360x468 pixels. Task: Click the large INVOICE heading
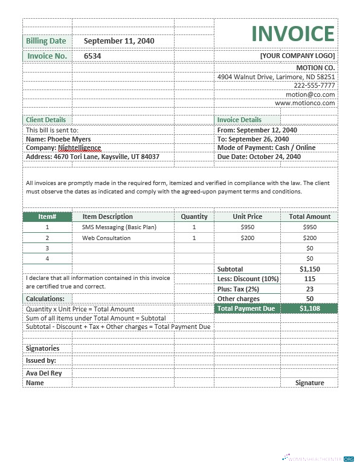pos(292,34)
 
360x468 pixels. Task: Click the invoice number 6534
pos(92,56)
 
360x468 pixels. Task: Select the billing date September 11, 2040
pos(119,41)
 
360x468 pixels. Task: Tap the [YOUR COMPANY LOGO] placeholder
pos(297,56)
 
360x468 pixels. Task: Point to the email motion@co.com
pos(310,94)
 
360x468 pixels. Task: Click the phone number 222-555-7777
pos(314,86)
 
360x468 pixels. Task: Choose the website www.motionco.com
pos(305,103)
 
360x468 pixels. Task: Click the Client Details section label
pos(46,120)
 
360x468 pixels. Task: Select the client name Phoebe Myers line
pos(59,139)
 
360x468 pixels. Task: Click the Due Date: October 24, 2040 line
pos(259,157)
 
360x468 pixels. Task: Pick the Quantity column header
pos(194,216)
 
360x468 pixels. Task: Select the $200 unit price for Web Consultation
pos(248,238)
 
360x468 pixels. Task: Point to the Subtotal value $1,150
pos(309,269)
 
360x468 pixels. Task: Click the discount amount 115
pos(309,279)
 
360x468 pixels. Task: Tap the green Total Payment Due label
pos(246,308)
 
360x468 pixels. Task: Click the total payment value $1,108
pos(309,308)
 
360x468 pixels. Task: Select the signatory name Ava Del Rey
pos(44,373)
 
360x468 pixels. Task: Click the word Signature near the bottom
pos(309,383)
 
